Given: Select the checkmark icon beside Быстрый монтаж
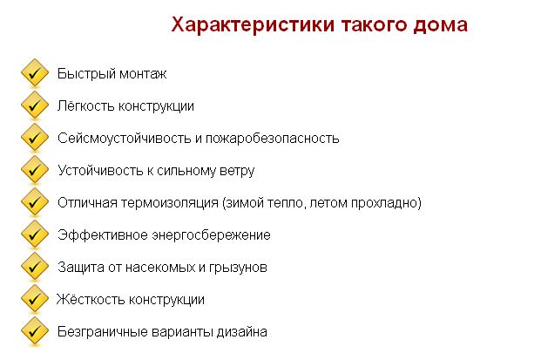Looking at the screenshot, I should tap(33, 74).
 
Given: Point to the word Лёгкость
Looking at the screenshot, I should tap(84, 106).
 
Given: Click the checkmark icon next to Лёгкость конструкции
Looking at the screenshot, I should tap(33, 106).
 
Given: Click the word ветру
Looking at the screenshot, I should tap(238, 171).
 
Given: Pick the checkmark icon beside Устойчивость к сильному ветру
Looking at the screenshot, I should tap(33, 171).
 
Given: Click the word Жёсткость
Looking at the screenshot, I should tap(85, 299).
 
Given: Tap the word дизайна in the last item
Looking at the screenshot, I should tap(243, 331).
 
